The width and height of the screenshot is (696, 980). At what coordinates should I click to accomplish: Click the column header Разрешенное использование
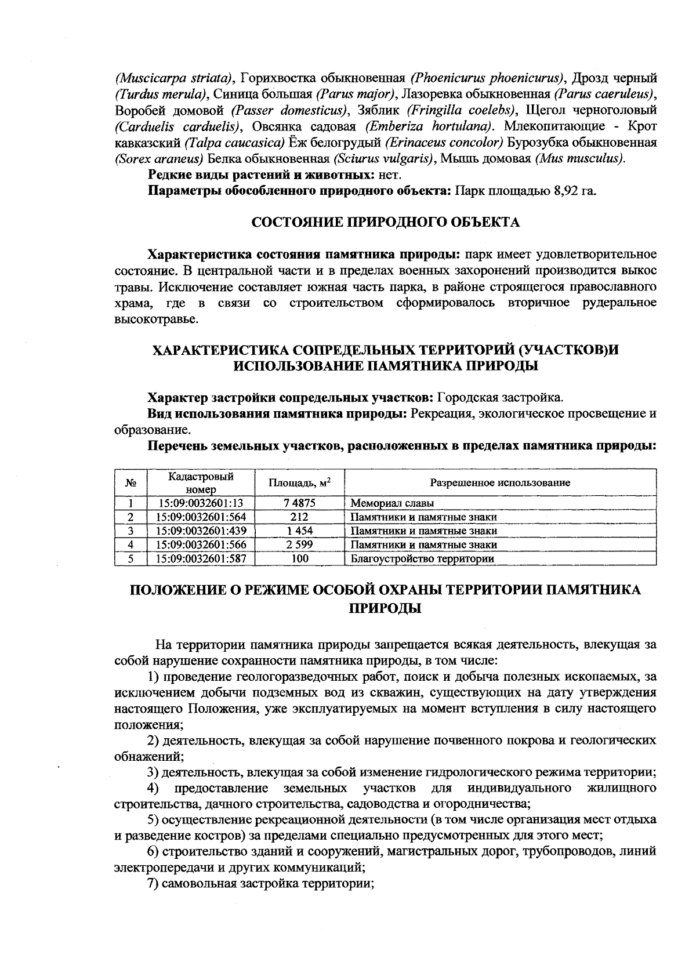[499, 482]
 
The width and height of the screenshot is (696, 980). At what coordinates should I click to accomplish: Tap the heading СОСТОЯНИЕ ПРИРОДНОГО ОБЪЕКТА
[385, 223]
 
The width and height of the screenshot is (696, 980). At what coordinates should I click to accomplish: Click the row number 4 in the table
[131, 545]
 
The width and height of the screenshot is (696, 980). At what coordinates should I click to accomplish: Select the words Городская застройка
[500, 398]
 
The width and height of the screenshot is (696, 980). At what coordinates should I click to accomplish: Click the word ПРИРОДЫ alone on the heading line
[385, 609]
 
